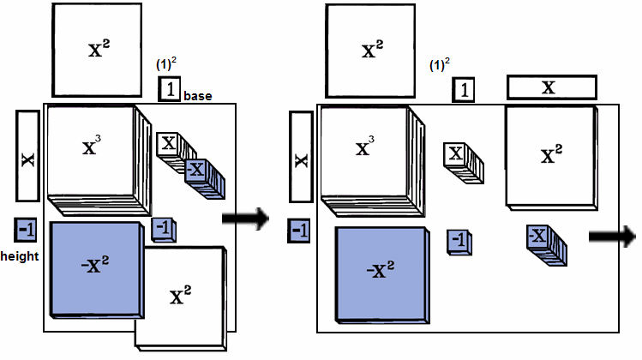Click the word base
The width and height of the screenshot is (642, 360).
(x=197, y=97)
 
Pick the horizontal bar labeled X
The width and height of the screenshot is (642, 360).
(x=551, y=87)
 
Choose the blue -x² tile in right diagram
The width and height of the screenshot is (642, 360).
(x=381, y=273)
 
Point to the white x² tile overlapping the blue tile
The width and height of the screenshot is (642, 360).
(x=183, y=296)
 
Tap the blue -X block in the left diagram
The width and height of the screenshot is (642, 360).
(x=202, y=175)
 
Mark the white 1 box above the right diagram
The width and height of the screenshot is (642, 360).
(x=464, y=89)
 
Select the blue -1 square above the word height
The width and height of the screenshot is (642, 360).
(x=26, y=229)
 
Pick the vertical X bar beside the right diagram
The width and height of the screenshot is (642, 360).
(x=301, y=159)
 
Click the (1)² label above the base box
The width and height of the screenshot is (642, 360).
(x=165, y=64)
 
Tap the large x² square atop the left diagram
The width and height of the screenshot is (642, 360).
(x=97, y=50)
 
